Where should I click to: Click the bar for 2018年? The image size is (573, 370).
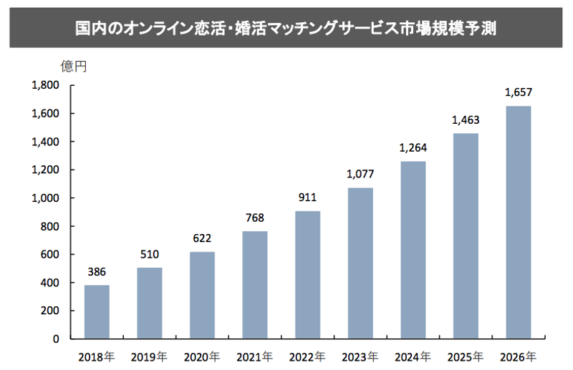point(97,312)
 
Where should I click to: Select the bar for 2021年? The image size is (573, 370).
point(255,285)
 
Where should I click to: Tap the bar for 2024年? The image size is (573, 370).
point(413,250)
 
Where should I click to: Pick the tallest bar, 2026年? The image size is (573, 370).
point(518,223)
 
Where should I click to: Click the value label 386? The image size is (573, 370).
point(97,272)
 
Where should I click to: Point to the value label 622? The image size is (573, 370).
point(202,238)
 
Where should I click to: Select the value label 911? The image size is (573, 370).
point(307,198)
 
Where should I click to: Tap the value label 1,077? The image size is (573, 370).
point(360,174)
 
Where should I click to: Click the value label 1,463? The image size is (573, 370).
point(466,120)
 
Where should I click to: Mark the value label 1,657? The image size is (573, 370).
point(518,92)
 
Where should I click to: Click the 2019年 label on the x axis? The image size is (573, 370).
point(149,356)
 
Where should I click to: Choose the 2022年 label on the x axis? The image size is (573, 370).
point(307,356)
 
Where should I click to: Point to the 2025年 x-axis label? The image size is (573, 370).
point(466,356)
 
